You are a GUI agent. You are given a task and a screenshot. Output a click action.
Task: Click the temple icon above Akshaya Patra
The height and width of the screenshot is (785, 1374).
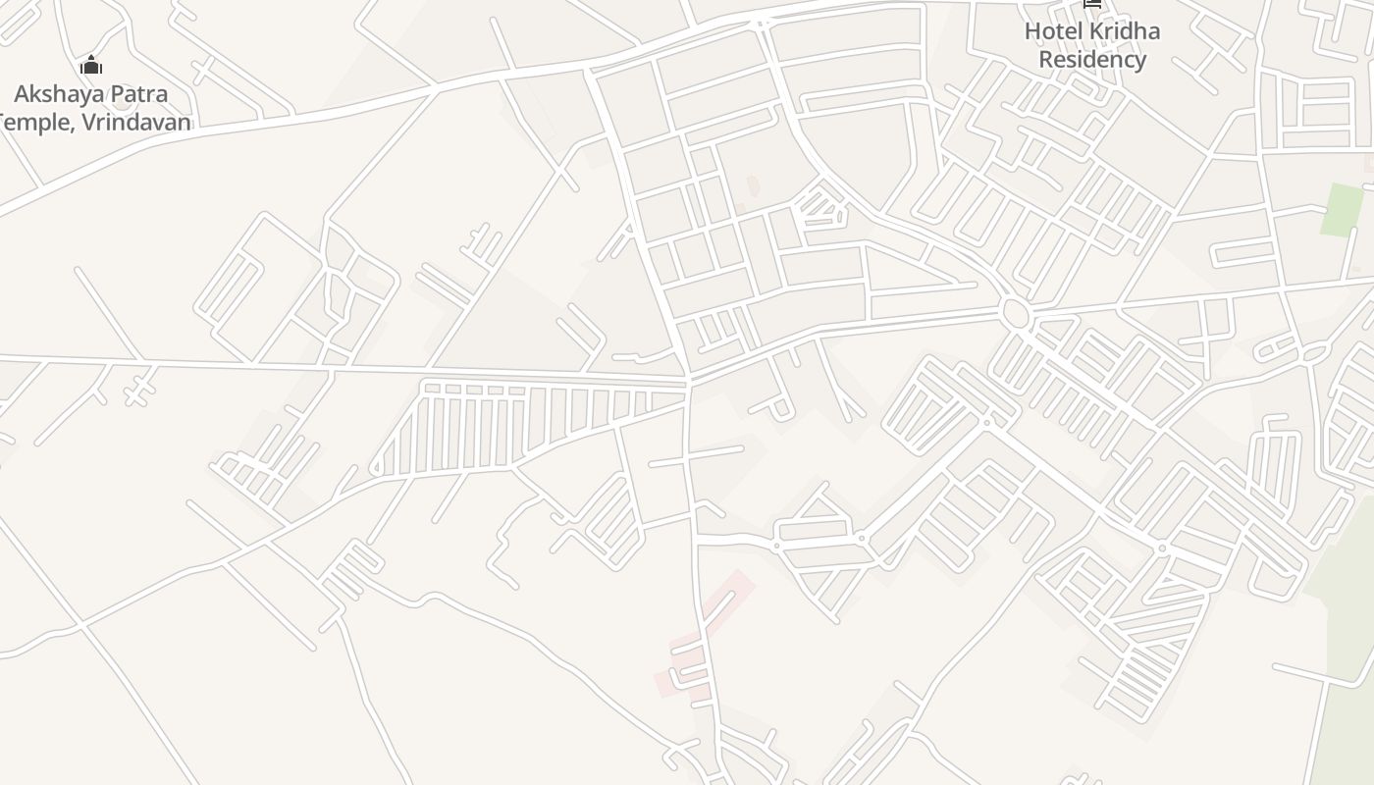91,66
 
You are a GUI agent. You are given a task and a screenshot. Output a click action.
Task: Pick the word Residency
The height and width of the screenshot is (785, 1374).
1092,60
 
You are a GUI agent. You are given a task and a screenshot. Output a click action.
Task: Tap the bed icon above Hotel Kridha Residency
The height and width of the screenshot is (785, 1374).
1092,4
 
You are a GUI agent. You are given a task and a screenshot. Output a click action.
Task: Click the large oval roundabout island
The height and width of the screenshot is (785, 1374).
1015,315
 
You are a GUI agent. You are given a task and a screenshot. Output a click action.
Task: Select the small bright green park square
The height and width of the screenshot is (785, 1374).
1341,210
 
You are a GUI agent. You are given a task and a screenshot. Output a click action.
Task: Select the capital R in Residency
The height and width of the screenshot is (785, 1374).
1046,60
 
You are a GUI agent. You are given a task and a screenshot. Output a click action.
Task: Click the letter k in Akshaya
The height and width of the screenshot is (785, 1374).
35,95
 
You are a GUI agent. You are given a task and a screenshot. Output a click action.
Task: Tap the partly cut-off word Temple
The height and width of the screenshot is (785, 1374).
33,123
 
